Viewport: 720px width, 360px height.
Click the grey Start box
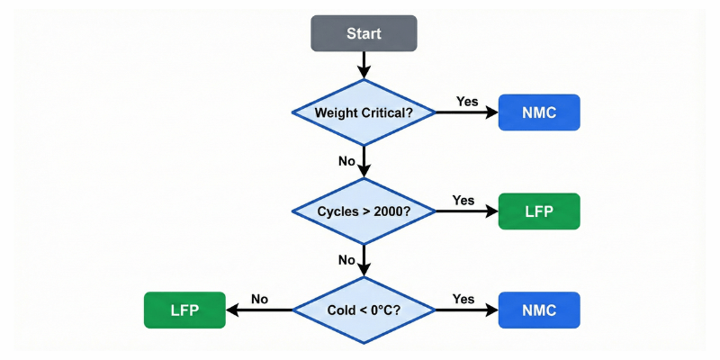click(364, 33)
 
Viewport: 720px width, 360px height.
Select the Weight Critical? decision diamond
click(364, 112)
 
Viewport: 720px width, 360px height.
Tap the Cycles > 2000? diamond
click(364, 211)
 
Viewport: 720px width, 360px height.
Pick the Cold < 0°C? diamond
click(364, 310)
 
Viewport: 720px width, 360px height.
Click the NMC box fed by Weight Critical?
click(539, 112)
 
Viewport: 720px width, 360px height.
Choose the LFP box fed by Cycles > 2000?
click(539, 211)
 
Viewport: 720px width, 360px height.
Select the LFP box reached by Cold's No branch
click(184, 310)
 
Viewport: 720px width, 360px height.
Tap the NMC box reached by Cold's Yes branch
click(539, 310)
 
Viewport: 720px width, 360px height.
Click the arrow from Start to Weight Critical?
click(364, 64)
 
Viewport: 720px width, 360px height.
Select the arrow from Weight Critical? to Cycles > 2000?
click(364, 162)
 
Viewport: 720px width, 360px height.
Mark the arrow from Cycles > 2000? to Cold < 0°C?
click(364, 261)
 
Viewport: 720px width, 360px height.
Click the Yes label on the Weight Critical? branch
click(467, 101)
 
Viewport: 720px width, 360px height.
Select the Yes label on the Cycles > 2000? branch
click(463, 200)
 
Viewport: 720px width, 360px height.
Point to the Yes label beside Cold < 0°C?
click(463, 299)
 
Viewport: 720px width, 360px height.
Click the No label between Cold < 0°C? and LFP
click(260, 299)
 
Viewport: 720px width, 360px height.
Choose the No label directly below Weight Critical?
click(346, 160)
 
